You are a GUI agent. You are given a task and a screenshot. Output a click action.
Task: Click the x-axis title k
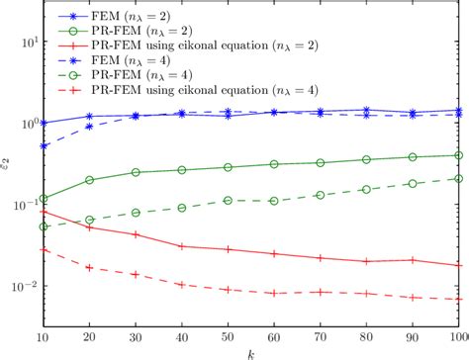click(251, 352)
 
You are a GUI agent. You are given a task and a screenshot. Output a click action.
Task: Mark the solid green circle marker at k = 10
click(44, 198)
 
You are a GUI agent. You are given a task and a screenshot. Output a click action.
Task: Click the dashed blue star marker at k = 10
click(44, 145)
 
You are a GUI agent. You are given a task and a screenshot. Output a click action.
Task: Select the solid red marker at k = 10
click(44, 211)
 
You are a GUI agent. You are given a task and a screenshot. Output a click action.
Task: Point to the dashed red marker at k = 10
click(44, 250)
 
